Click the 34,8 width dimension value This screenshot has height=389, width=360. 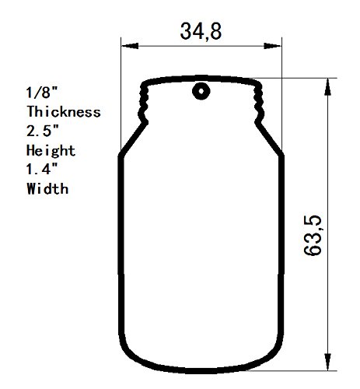200,32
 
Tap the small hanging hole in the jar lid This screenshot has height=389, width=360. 201,91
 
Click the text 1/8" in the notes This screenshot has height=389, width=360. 40,93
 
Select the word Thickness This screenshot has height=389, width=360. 64,112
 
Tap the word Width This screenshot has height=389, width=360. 47,188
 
